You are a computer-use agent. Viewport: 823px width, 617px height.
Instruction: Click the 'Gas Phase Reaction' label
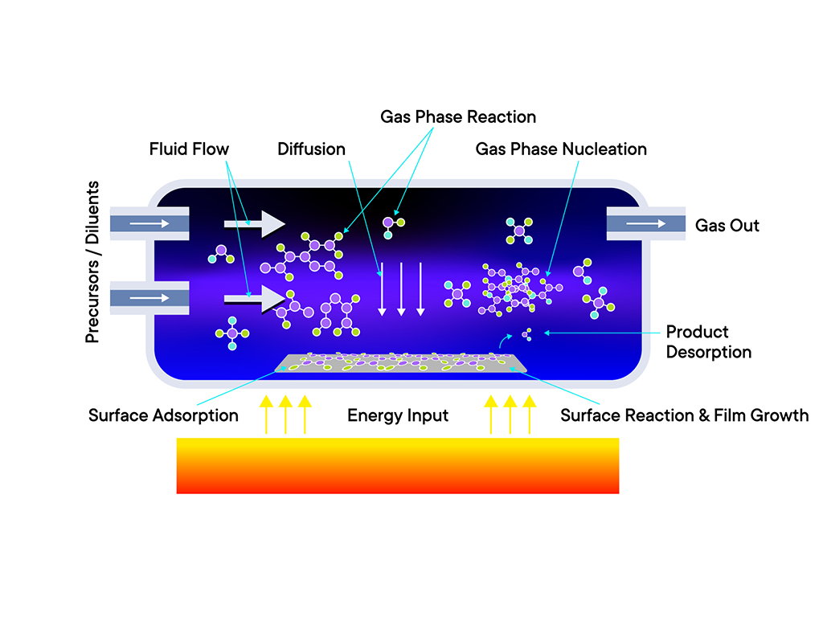point(457,117)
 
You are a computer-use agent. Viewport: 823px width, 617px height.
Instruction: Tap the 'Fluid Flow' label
point(189,149)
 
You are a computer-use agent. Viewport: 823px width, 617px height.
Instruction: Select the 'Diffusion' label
point(311,149)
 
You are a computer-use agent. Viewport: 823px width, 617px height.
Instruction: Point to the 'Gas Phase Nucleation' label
point(561,149)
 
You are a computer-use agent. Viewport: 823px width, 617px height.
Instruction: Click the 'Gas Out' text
point(727,226)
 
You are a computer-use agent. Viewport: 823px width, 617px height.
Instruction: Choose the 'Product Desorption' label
point(708,342)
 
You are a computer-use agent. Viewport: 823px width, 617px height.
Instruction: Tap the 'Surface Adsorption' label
point(163,415)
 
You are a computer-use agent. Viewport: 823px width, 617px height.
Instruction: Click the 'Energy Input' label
point(398,415)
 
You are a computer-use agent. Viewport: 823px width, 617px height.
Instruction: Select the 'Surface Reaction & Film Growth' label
point(684,415)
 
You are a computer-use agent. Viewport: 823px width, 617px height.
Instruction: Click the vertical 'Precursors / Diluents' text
point(93,262)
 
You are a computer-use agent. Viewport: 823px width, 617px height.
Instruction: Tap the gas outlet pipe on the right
point(645,223)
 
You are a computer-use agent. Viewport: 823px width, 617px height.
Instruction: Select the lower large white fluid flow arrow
point(255,298)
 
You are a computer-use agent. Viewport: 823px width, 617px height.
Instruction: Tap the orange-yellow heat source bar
point(398,465)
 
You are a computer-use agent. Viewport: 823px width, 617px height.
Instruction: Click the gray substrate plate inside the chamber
point(403,363)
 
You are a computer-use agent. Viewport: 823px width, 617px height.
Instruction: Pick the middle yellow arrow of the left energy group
point(285,414)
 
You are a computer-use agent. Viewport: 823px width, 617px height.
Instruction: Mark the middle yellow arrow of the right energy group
point(510,414)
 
